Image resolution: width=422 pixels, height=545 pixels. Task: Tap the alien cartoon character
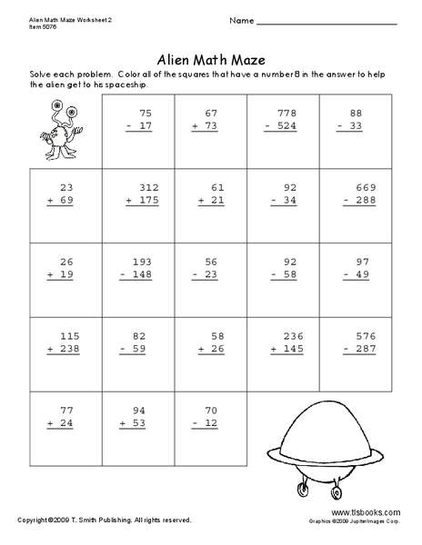click(51, 133)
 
